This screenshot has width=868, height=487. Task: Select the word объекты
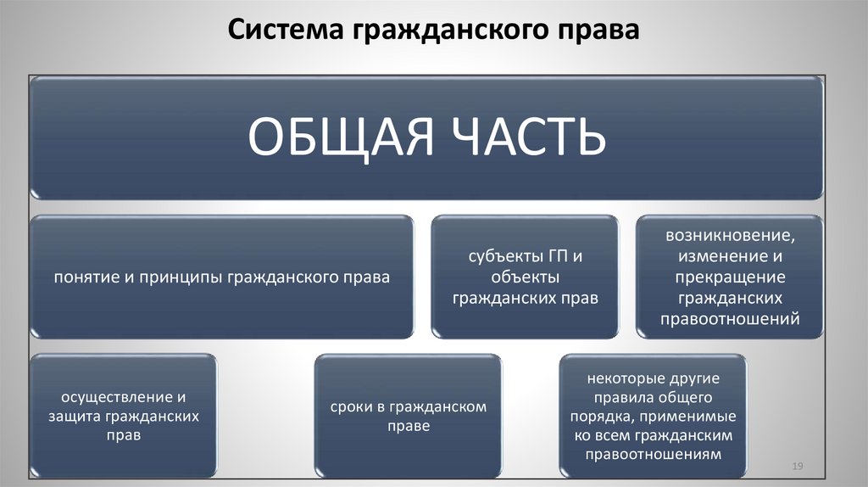point(526,277)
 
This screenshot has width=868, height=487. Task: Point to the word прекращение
point(730,277)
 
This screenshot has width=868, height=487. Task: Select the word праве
point(408,427)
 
